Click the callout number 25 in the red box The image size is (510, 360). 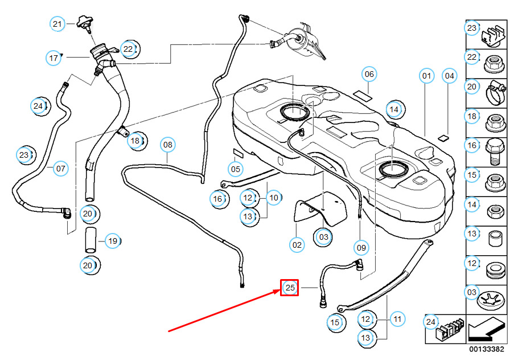point(290,288)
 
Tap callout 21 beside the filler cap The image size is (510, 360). point(57,24)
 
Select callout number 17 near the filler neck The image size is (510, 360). point(54,58)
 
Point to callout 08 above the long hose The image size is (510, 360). point(167,145)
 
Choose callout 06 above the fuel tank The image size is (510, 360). point(369,74)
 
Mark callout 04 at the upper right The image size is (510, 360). point(450,75)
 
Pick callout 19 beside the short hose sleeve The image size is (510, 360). point(113,241)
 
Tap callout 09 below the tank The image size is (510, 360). point(361,248)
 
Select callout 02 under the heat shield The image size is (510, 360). point(297,246)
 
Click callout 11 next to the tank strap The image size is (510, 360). point(397,319)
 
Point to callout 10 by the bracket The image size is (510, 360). point(274,198)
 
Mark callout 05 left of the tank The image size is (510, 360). point(236,169)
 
